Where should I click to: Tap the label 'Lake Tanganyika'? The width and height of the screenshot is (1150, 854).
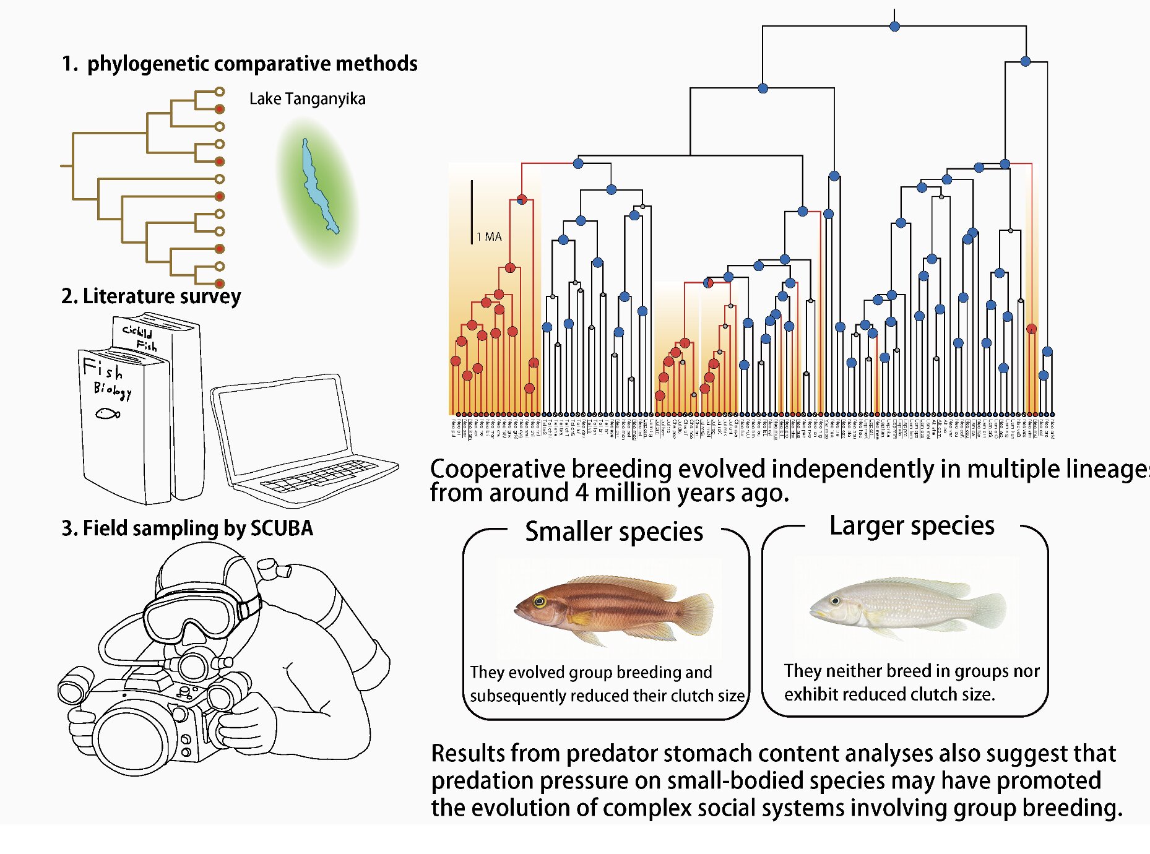pos(307,99)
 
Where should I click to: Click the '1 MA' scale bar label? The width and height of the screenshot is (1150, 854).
pos(489,236)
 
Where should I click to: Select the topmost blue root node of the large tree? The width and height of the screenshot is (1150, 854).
pos(894,26)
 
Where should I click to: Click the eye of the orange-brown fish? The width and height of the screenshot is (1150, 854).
pos(540,601)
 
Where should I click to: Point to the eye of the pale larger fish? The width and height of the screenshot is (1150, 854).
pos(835,601)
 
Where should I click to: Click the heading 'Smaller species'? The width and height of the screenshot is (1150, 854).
pos(614,532)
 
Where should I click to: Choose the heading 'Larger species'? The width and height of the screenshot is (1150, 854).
pos(912,525)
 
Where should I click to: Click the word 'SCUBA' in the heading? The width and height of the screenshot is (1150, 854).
pos(282,528)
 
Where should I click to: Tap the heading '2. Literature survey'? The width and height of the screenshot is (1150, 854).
pos(151,296)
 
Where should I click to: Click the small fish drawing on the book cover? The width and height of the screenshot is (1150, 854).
pos(108,413)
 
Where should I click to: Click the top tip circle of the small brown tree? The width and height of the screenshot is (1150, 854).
pos(219,92)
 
